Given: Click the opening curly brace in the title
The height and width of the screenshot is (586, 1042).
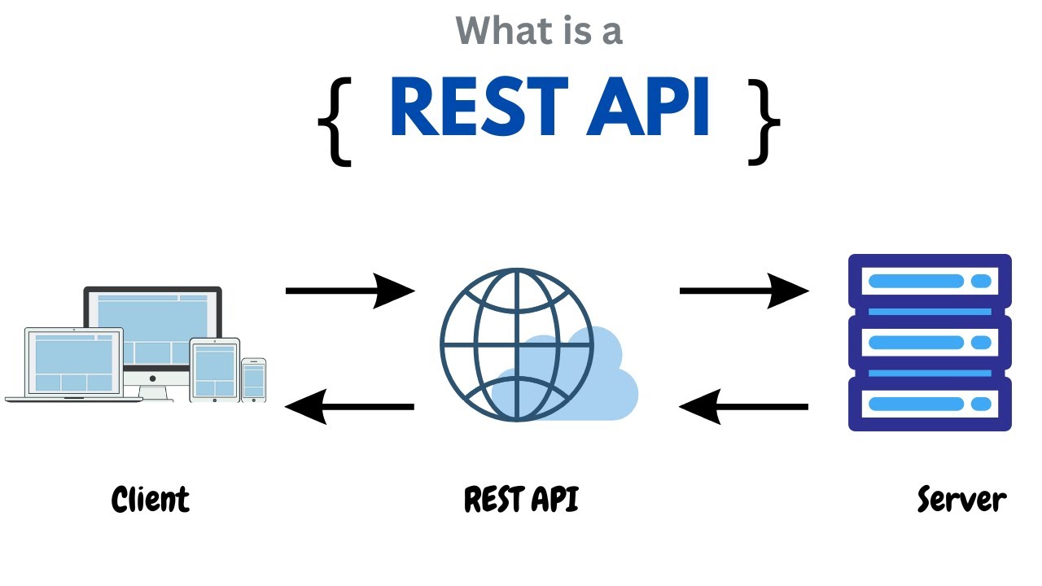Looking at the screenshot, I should coord(335,121).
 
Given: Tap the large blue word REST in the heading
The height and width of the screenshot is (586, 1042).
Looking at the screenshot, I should coord(479,108).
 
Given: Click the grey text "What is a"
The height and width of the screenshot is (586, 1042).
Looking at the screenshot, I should coord(539,31).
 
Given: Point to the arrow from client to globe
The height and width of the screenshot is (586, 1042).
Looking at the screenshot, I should coord(350,290).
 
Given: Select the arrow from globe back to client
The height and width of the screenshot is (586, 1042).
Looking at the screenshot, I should coord(350,406).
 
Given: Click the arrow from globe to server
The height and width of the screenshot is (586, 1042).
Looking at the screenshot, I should coord(744,290).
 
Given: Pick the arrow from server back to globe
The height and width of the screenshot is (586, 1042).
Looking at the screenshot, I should coord(744,406).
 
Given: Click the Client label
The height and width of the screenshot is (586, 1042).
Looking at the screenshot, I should coord(150,499).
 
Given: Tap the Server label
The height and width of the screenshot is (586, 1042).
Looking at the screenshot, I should coord(961,499).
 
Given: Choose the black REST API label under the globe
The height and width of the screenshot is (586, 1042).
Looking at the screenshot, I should coord(521,499).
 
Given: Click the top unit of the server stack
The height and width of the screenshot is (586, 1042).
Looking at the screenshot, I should coord(930,282).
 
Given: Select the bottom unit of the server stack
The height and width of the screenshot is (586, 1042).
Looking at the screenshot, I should coord(930,404).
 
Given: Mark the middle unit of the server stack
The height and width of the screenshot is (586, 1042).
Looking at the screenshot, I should coord(930,343).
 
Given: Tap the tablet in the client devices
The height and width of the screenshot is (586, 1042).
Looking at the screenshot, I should coord(215,370).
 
